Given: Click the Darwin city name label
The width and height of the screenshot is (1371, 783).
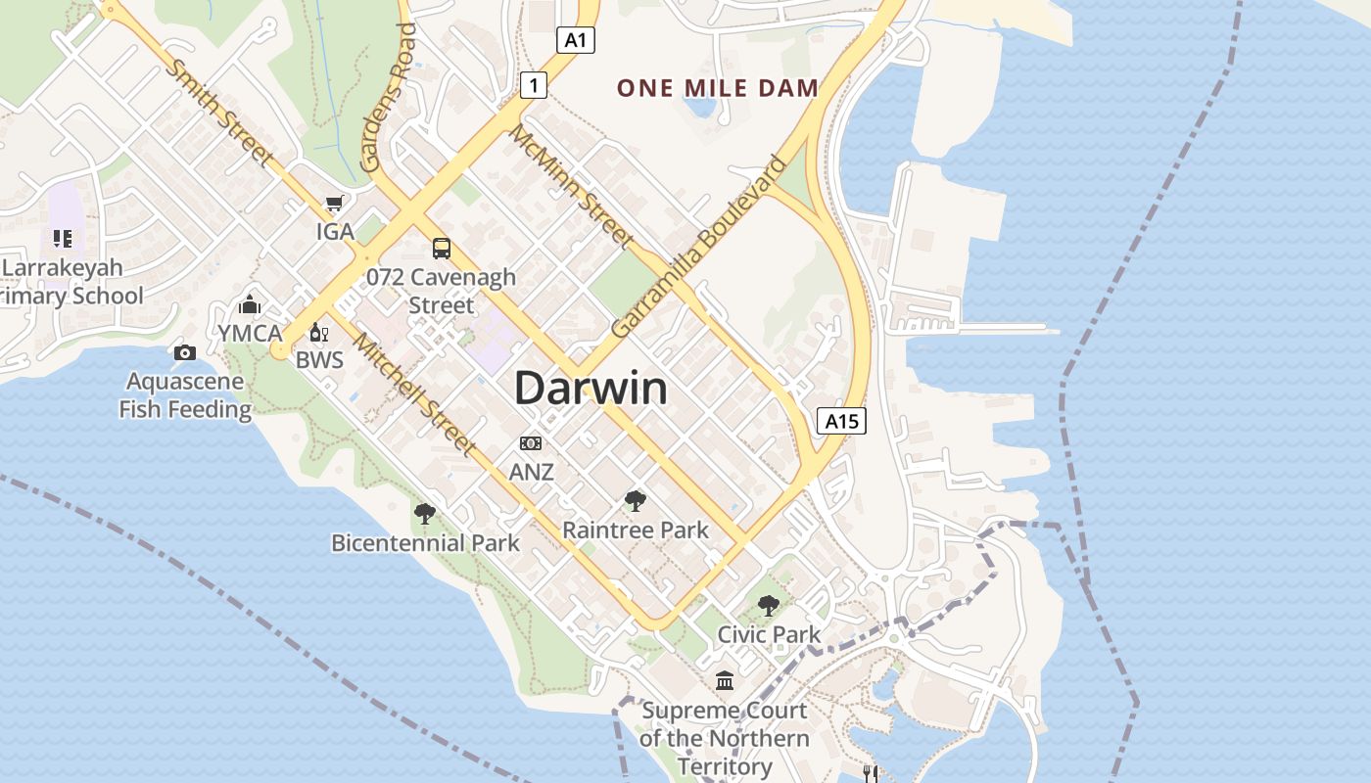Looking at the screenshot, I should coord(591,389).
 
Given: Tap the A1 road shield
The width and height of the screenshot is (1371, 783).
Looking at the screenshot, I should coord(576,40).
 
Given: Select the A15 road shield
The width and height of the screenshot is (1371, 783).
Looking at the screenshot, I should coord(841,421).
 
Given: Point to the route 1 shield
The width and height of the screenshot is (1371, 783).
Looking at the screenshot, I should coord(533,85).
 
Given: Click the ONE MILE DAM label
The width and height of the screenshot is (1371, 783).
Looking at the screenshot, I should coord(718,88).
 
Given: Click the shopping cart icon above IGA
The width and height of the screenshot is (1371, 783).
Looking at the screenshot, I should coord(335,204).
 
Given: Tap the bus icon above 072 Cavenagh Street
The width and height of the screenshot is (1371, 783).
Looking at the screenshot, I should coord(442,249).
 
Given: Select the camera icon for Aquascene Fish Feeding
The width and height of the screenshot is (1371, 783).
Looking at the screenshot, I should coord(185,352).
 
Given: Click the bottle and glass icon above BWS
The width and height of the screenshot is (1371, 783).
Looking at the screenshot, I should coord(319,333).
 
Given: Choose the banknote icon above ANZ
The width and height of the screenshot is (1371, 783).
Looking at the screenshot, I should coord(531,443).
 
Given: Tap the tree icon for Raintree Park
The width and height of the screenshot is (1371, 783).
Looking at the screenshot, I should coord(636,501).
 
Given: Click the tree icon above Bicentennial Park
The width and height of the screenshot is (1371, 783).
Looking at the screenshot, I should coord(425,513).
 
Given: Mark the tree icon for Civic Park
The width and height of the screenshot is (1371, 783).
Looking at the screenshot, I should coord(769,605).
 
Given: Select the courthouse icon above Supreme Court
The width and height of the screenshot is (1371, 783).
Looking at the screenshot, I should coord(725,680).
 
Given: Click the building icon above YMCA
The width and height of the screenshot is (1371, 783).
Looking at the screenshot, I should coord(250,304).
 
